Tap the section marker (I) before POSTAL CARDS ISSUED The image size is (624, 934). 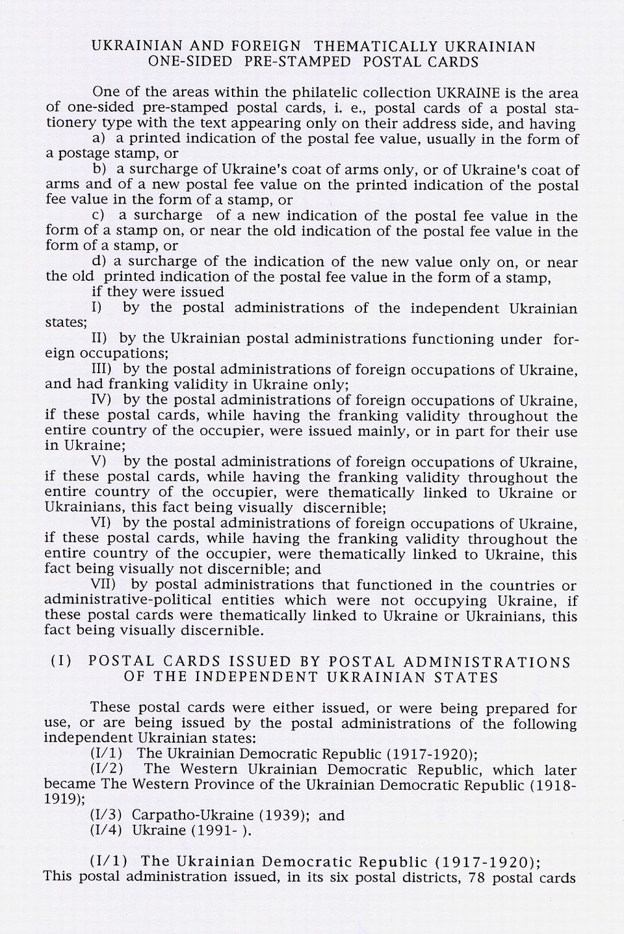tap(62, 662)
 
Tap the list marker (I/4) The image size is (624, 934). tap(107, 831)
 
